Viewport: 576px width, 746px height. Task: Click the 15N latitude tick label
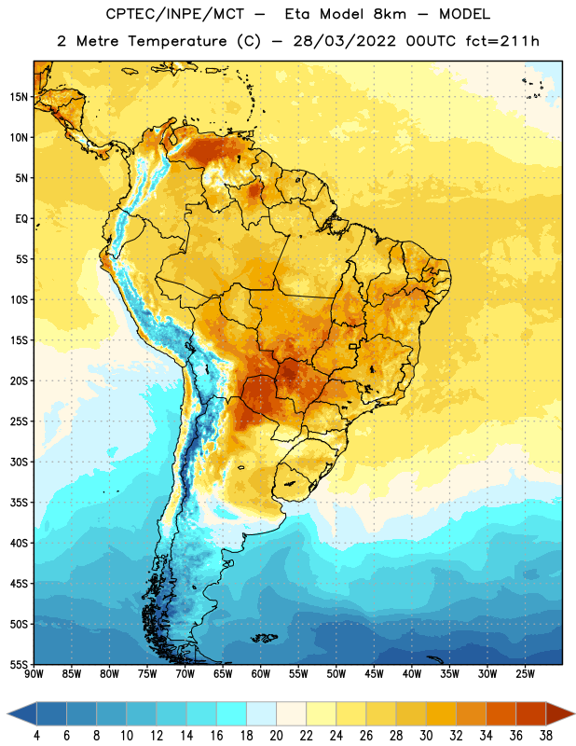point(19,97)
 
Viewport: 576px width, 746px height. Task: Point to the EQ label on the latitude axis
point(21,219)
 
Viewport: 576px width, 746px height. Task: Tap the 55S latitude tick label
point(19,664)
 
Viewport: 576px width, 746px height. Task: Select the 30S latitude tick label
point(19,462)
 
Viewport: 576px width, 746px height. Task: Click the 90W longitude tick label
point(34,674)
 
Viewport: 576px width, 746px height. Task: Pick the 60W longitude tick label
point(261,674)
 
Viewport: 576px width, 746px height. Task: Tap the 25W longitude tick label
point(525,674)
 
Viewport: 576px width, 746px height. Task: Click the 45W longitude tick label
point(374,674)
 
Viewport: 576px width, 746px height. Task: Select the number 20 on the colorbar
point(276,736)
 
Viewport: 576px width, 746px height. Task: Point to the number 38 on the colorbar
point(546,736)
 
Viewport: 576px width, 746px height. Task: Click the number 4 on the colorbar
point(36,736)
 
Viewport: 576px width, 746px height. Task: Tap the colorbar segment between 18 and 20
point(261,713)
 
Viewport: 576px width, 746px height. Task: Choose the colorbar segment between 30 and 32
point(441,713)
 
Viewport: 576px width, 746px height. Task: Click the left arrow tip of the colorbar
point(7,713)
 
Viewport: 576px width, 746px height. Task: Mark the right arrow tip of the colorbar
point(575,713)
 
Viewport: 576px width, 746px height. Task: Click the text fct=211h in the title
point(502,41)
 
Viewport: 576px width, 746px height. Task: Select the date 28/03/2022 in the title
point(344,41)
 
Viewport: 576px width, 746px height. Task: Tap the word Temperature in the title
point(177,42)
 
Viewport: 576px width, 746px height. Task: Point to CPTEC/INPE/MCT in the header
point(175,14)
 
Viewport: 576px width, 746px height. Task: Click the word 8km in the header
point(390,14)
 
